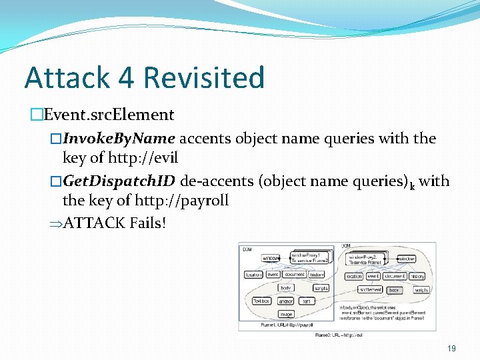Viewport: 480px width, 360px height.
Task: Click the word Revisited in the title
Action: (x=203, y=78)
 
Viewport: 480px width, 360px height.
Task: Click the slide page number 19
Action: (x=451, y=347)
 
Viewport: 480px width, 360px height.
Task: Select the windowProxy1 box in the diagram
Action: (x=306, y=257)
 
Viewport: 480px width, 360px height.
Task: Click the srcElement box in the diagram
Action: (x=370, y=290)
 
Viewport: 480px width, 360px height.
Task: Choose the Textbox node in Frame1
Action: (x=261, y=301)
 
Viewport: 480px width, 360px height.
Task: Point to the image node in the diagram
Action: (x=286, y=314)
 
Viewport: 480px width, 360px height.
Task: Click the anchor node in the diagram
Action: (x=285, y=301)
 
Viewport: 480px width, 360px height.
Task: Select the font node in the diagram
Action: (x=307, y=301)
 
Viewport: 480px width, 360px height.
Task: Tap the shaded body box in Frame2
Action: (x=394, y=290)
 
